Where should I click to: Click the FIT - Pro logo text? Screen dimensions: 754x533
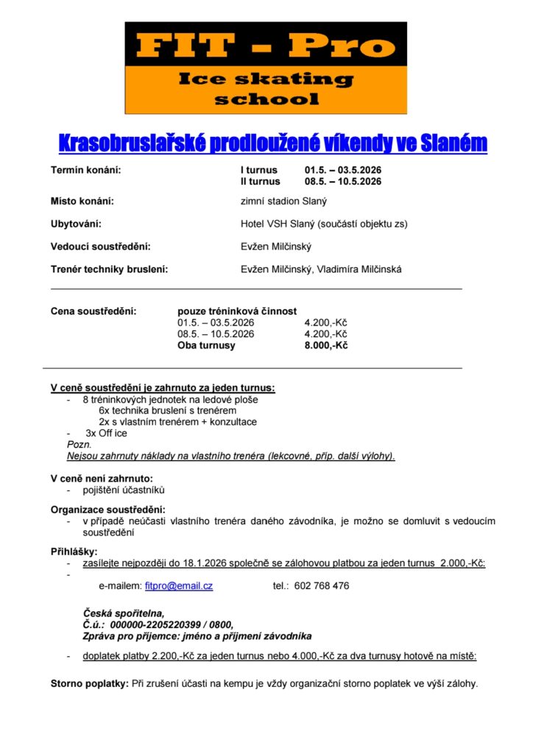pos(266,46)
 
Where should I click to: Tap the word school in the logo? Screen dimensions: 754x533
pos(266,99)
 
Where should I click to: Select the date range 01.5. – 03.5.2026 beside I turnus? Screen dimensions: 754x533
pos(342,170)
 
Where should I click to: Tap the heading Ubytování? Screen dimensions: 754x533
pos(76,224)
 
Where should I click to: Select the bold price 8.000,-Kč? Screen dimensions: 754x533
pos(325,345)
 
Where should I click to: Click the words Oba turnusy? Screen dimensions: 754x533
pos(206,345)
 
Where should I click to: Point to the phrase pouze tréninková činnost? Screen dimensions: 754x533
pos(237,311)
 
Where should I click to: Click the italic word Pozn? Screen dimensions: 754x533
pos(80,445)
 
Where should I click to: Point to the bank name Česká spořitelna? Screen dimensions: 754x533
pos(124,613)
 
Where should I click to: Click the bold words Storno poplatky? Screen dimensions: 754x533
pos(89,683)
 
